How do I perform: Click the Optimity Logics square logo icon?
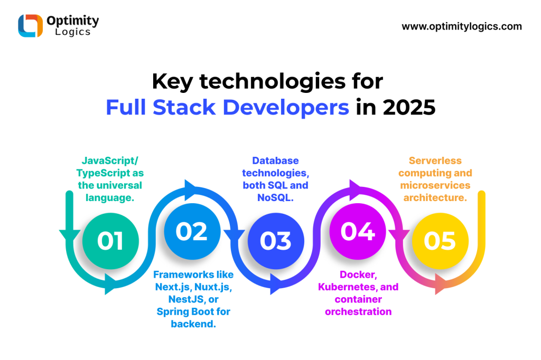pos(30,26)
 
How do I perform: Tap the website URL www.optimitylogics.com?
pos(462,26)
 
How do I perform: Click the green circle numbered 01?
pos(110,241)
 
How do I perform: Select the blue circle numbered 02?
pos(192,231)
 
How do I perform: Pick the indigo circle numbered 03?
pos(276,241)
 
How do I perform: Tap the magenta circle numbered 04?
pos(358,231)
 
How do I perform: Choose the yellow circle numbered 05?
pos(440,241)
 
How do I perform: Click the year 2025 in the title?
pos(409,108)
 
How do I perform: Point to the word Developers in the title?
pos(286,108)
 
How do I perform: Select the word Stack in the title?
pos(184,108)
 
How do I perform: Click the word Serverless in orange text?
pos(435,160)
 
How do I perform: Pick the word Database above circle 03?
pos(275,160)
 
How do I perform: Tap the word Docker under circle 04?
pos(358,275)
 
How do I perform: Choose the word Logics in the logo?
pos(73,32)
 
